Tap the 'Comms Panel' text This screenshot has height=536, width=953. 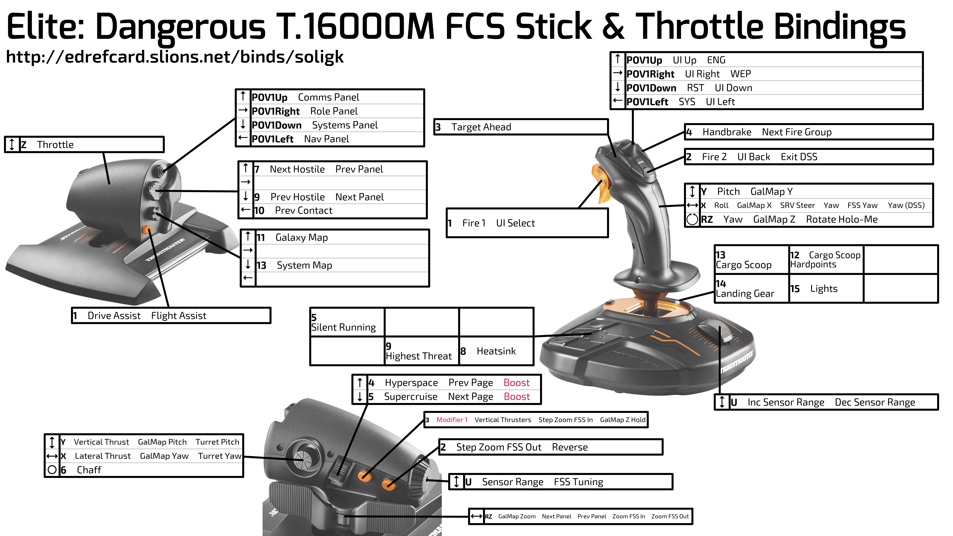click(x=329, y=97)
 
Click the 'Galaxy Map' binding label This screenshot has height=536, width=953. click(x=302, y=237)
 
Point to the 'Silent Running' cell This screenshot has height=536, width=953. click(x=347, y=322)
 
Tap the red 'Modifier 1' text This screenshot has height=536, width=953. click(x=452, y=420)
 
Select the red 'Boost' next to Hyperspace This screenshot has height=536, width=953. click(x=516, y=383)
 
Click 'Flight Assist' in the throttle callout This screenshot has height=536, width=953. click(x=179, y=316)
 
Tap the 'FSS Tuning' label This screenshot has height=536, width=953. click(x=578, y=482)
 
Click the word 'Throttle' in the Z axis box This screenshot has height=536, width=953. click(x=55, y=145)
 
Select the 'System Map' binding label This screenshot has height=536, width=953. click(x=305, y=266)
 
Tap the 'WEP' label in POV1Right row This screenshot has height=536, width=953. click(x=740, y=74)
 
